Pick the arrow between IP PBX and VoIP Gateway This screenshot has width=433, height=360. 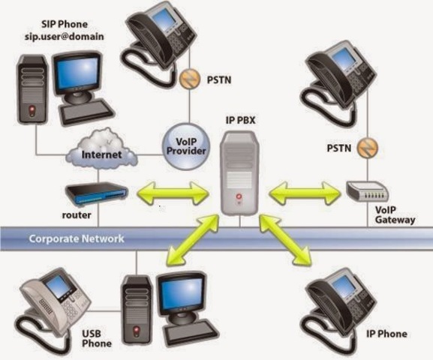tap(305, 196)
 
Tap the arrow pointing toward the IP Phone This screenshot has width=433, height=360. tap(287, 239)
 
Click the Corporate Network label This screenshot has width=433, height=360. tap(77, 240)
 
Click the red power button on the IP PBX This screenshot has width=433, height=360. tap(239, 199)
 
